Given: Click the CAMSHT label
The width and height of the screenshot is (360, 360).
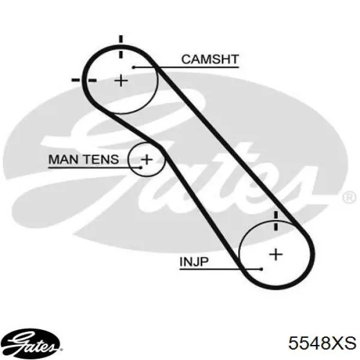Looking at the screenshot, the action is pos(210,59).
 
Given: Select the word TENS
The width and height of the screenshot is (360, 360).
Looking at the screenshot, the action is pos(101,160).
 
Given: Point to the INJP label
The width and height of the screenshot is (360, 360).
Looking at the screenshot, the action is pos(194,262).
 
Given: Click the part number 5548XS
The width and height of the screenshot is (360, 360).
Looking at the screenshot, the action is pos(322,343).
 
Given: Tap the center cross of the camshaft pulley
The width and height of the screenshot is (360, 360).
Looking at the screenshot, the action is pos(121,80).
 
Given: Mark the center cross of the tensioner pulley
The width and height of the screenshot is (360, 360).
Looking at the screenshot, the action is pos(147,160).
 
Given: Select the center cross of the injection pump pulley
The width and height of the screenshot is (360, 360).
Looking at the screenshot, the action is pos(276,254).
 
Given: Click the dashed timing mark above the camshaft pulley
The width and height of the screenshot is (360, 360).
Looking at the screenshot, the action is pos(121,47).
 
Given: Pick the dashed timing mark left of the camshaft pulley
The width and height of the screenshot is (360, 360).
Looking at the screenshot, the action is pos(84,80).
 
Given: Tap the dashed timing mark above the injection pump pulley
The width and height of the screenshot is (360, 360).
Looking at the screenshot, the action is pos(276,221).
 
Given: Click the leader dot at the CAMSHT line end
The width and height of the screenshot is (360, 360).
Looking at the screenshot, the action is pos(134,67).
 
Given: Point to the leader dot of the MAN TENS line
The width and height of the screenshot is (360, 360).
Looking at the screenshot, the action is pos(141,168).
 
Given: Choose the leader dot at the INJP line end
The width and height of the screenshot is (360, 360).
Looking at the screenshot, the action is pos(261,269).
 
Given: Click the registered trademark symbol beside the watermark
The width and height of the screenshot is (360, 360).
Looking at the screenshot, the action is pos(349,197).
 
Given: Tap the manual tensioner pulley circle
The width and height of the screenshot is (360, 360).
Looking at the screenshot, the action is pos(128,160).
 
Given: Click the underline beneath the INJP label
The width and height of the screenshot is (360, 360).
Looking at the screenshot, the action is pos(220,269).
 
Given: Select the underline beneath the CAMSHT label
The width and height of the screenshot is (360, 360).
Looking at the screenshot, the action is pos(187,67).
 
